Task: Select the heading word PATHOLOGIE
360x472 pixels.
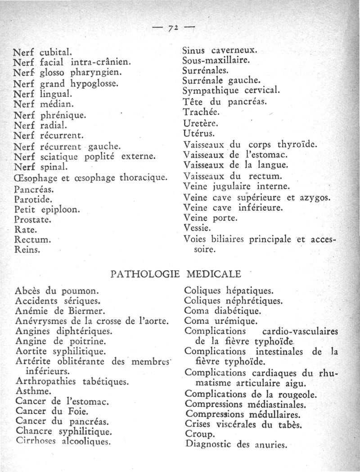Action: [145, 273]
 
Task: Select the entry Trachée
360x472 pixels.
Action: [201, 112]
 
